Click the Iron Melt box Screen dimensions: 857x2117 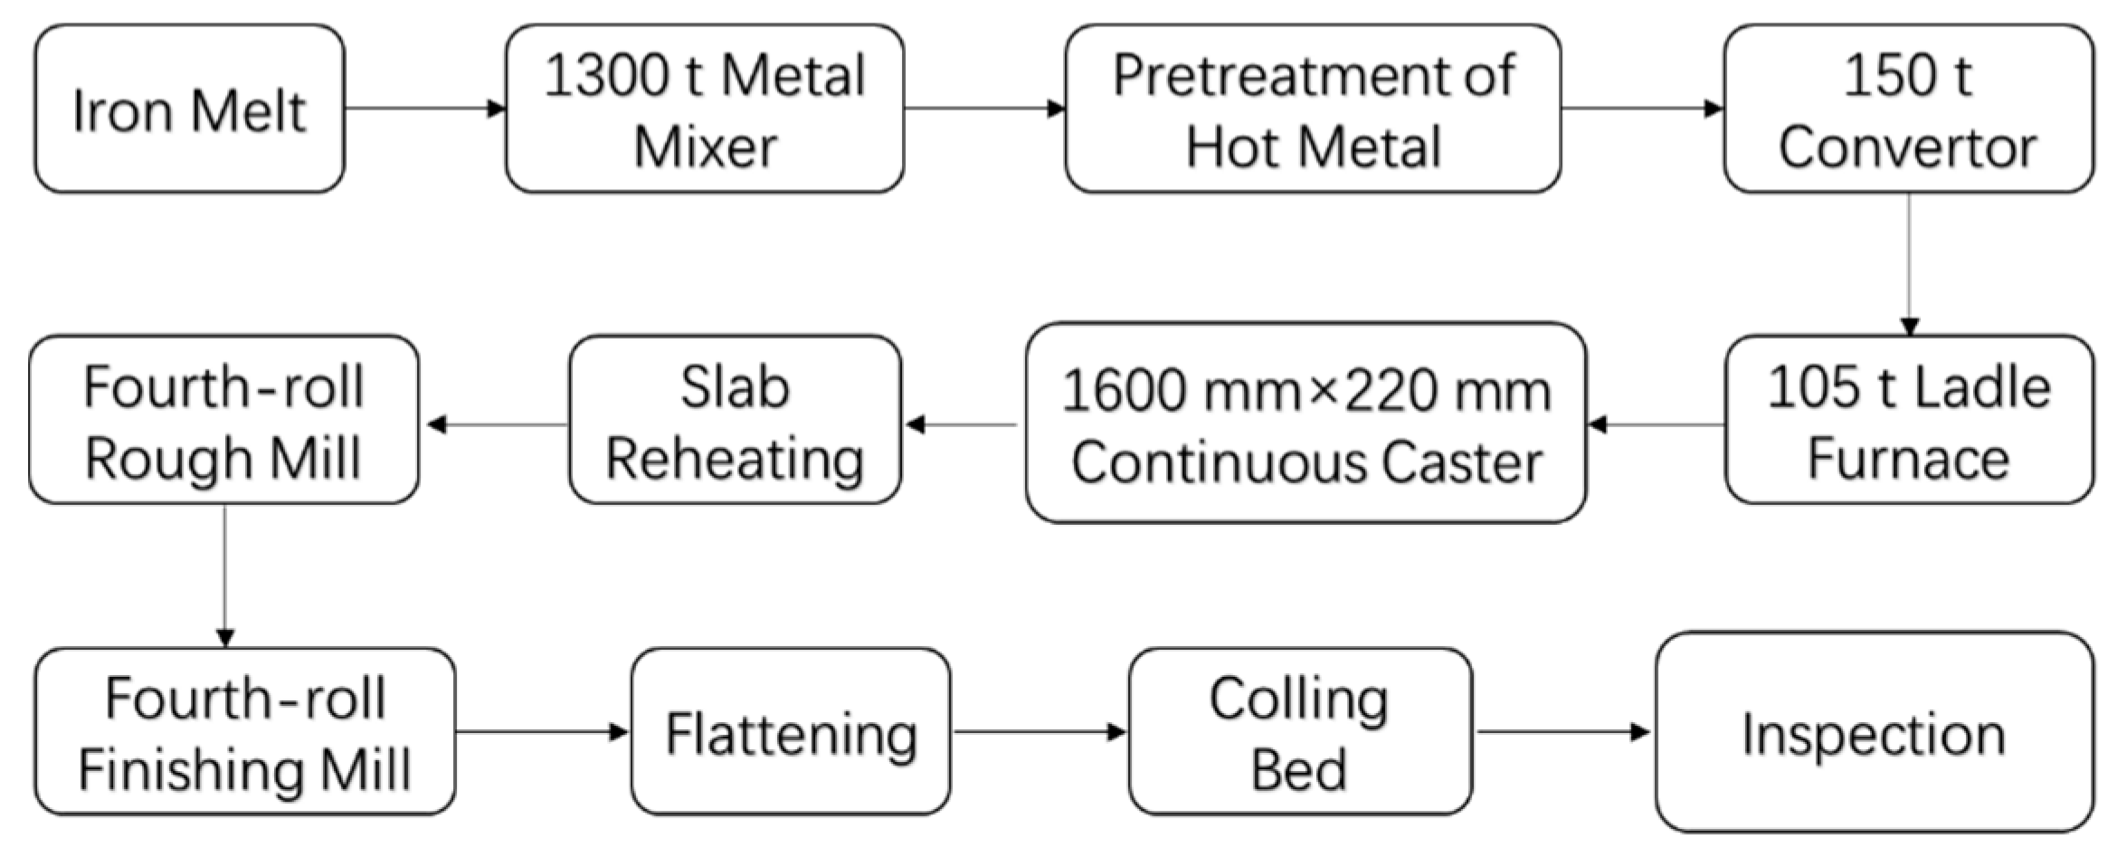click(x=189, y=110)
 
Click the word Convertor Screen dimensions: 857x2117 click(x=1907, y=148)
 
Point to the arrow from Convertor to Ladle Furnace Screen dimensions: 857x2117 click(x=1909, y=263)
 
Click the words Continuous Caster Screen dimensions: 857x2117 click(x=1305, y=462)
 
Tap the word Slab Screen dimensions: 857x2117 click(x=735, y=388)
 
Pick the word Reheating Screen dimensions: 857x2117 click(x=735, y=459)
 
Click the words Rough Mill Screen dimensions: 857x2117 click(x=223, y=459)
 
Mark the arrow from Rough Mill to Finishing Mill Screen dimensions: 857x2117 click(x=224, y=576)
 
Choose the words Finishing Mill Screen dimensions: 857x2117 click(x=244, y=770)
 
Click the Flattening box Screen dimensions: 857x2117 click(x=791, y=732)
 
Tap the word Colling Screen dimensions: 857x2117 click(x=1299, y=700)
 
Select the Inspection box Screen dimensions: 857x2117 click(x=1874, y=732)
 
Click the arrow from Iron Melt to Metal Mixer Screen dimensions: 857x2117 click(x=424, y=109)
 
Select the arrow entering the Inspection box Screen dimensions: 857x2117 click(x=1563, y=731)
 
